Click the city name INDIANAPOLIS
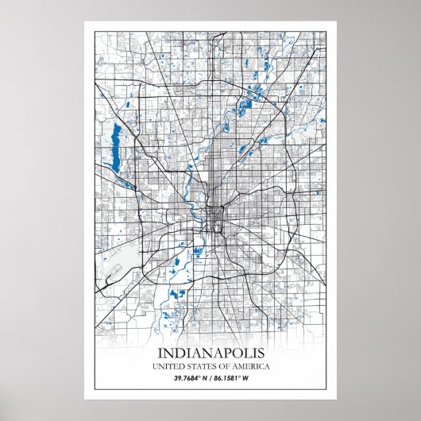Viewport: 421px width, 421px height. (210, 352)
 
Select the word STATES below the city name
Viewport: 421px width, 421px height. (199, 366)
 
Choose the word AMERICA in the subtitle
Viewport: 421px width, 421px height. (249, 366)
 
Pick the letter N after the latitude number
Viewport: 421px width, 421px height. (206, 378)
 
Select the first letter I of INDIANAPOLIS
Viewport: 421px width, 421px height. (160, 352)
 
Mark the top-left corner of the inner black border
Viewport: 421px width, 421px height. (95, 31)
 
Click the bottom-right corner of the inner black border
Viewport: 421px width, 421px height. (326, 389)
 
